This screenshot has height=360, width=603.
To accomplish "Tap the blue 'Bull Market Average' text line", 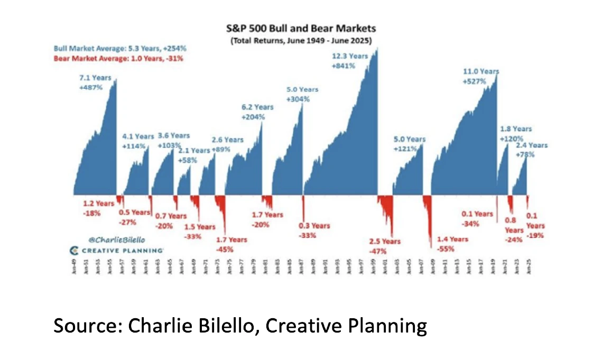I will tap(120, 48).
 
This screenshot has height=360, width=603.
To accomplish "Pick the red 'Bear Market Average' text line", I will tap(118, 58).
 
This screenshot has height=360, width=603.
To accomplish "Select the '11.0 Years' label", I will tap(481, 71).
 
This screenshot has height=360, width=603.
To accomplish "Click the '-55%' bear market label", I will tap(445, 248).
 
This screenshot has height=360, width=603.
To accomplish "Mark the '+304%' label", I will tap(298, 99).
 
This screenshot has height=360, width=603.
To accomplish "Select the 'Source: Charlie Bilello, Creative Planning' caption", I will tap(240, 326).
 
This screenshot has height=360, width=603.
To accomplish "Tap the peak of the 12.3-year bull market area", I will tap(377, 49).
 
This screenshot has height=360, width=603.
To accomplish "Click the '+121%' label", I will tap(405, 149).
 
